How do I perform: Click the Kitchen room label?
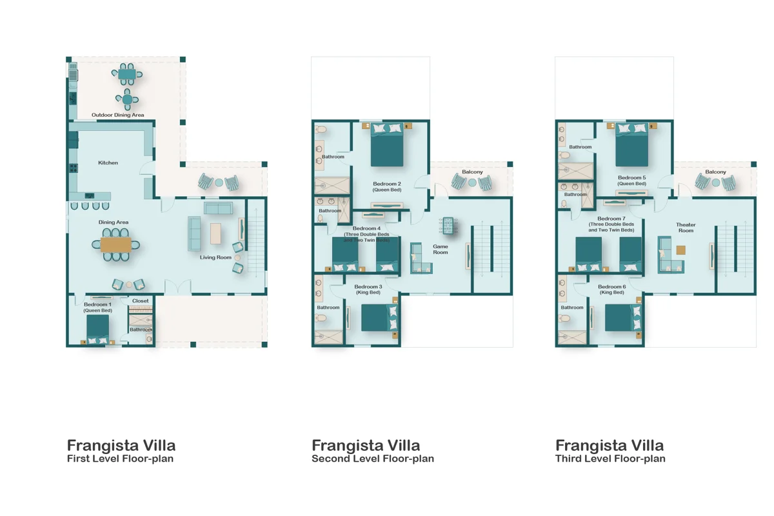pyautogui.click(x=108, y=163)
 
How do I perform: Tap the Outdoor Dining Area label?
pyautogui.click(x=118, y=115)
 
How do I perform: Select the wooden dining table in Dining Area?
pyautogui.click(x=115, y=244)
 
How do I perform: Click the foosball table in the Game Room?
pyautogui.click(x=448, y=226)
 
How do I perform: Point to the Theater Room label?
pyautogui.click(x=686, y=228)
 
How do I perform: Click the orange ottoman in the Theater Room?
pyautogui.click(x=680, y=250)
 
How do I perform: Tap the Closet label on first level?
pyautogui.click(x=141, y=301)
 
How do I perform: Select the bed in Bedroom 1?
pyautogui.click(x=97, y=330)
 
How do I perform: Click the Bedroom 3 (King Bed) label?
pyautogui.click(x=368, y=289)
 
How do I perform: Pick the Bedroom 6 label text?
pyautogui.click(x=611, y=286)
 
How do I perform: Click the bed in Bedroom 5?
pyautogui.click(x=631, y=145)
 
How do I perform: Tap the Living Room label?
pyautogui.click(x=215, y=257)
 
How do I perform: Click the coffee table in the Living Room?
pyautogui.click(x=215, y=233)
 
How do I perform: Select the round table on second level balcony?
pyautogui.click(x=472, y=183)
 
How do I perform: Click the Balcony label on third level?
pyautogui.click(x=715, y=172)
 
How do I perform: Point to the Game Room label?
pyautogui.click(x=440, y=250)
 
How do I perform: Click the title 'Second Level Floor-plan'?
pyautogui.click(x=373, y=459)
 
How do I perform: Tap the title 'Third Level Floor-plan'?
pyautogui.click(x=610, y=459)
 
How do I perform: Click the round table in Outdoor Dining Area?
pyautogui.click(x=127, y=99)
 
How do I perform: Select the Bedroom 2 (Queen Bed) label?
pyautogui.click(x=387, y=186)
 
